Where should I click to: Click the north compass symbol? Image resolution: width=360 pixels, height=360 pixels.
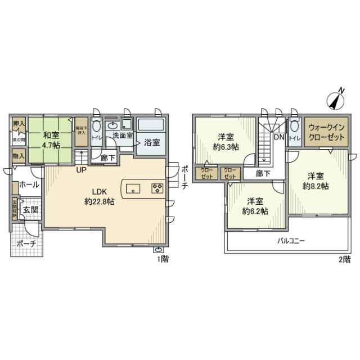coord(337,100)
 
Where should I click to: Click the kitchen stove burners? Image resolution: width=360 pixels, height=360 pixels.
coord(156,188)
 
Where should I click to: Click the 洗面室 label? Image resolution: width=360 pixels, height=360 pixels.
coord(122,136)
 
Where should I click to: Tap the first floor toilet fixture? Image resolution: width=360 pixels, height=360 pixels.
coord(97,125)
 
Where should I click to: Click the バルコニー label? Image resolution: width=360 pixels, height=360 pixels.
coord(291,240)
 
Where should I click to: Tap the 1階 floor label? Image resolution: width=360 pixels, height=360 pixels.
coord(162,259)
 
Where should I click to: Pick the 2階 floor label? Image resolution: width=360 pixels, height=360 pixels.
coord(344,259)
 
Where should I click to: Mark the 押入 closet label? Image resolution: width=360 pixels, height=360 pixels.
coord(19,124)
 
